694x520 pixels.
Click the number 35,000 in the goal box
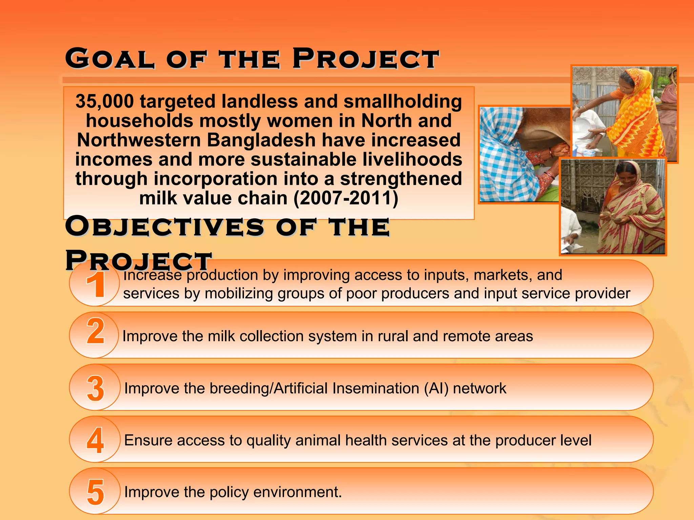[x=104, y=101]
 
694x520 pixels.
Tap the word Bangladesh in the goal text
[x=261, y=140]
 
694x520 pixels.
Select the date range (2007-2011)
[x=346, y=198]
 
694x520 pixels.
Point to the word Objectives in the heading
[x=165, y=226]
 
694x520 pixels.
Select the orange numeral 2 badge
[x=96, y=331]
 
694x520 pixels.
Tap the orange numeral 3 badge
[x=96, y=388]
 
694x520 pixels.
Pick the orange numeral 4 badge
[x=96, y=440]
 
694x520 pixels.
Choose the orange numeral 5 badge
[x=96, y=492]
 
